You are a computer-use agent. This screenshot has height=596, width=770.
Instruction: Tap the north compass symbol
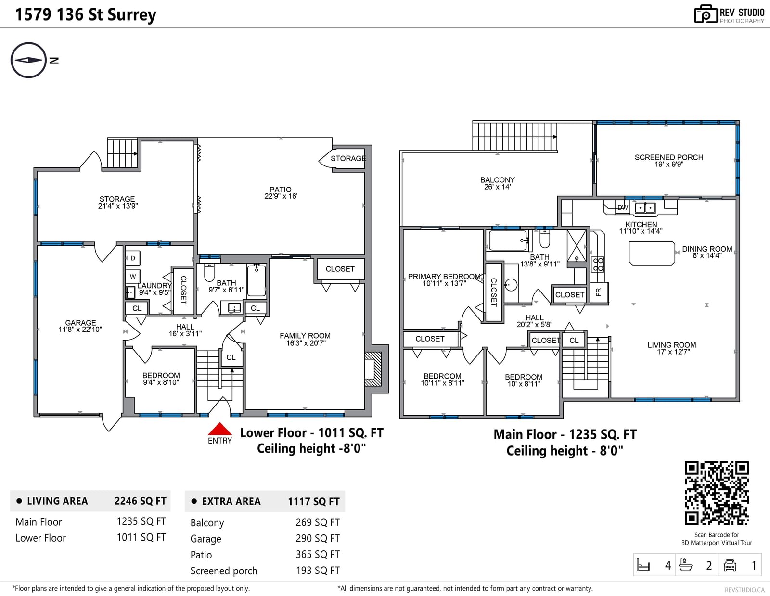[29, 60]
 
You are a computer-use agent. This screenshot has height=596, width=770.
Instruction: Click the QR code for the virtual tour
[717, 493]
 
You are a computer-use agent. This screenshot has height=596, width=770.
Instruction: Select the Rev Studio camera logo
[706, 14]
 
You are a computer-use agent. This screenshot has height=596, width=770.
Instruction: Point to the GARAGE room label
[80, 323]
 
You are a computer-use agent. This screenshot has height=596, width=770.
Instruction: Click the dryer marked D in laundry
[133, 258]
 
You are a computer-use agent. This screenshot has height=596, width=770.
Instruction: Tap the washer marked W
[133, 277]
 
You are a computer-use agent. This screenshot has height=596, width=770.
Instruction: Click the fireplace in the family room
[373, 369]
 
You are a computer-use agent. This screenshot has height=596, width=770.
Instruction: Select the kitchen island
[652, 253]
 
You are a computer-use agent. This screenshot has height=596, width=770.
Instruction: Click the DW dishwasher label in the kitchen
[623, 208]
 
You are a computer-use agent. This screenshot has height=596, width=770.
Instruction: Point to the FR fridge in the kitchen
[599, 292]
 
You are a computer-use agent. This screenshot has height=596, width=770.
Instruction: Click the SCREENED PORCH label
[668, 157]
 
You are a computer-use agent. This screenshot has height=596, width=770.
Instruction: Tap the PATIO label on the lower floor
[280, 190]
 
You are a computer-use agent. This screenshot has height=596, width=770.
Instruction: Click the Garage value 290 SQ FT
[318, 539]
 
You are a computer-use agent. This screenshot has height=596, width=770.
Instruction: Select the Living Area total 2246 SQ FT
[141, 501]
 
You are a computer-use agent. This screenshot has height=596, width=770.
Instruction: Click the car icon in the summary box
[730, 565]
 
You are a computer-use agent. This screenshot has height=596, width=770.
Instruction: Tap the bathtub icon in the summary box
[685, 565]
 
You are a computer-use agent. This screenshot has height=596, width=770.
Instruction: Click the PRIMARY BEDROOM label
[444, 276]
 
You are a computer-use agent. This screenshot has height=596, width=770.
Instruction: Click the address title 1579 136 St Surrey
[86, 15]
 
